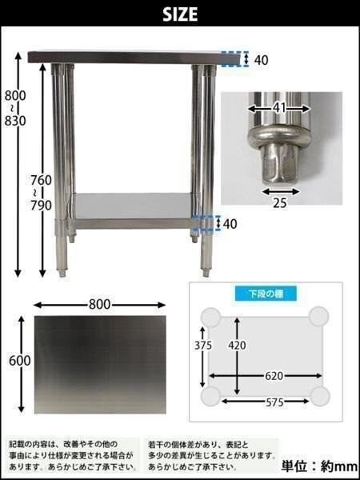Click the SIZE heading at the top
(180, 14)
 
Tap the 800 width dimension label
(99, 305)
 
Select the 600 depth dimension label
(20, 361)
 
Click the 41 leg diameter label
(279, 108)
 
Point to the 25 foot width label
(280, 203)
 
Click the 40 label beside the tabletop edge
(261, 60)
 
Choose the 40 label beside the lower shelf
(230, 224)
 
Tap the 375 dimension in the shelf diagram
(203, 346)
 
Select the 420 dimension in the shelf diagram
(238, 346)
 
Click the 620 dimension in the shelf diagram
(274, 376)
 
